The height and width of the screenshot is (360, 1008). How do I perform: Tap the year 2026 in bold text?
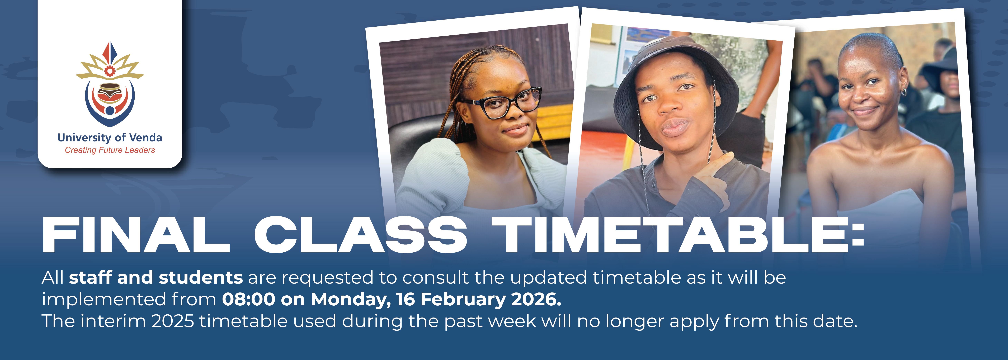point(536,299)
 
